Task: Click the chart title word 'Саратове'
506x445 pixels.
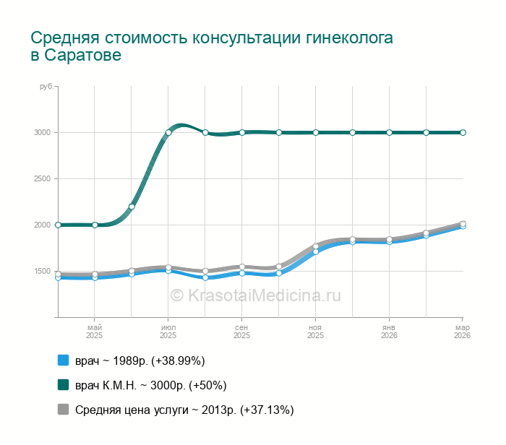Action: coord(83,56)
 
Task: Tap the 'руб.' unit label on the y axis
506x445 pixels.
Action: coord(46,87)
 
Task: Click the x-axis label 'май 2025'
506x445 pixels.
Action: coord(95,332)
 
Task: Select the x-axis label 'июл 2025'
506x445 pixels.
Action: coord(168,332)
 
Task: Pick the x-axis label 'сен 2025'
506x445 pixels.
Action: coord(242,332)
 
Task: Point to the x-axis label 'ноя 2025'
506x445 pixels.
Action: coord(316,332)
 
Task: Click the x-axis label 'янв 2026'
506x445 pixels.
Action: coord(389,332)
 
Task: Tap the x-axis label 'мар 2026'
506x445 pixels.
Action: coord(462,332)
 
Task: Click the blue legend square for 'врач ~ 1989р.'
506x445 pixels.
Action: coord(63,360)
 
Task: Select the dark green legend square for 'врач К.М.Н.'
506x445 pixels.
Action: coord(63,385)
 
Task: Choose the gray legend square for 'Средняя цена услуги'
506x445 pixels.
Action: coord(63,410)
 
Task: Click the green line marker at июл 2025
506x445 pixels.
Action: coord(168,132)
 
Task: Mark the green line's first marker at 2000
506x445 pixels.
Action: coord(58,225)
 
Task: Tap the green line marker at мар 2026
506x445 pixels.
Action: coord(463,132)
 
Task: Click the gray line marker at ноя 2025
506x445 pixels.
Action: coord(316,246)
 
